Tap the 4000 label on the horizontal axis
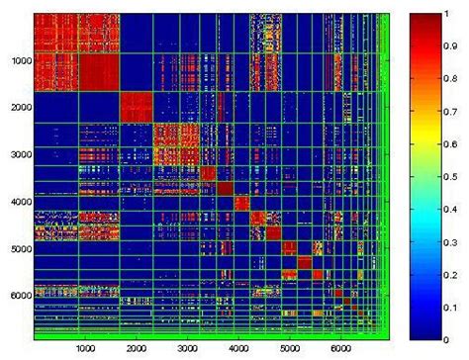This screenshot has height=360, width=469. (237, 349)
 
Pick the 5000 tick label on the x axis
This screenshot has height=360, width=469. (289, 349)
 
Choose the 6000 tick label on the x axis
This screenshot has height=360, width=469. (340, 349)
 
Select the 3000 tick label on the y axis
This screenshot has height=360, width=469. (19, 155)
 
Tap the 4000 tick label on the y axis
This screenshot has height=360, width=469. (19, 202)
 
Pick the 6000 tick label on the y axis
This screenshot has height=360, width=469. (19, 295)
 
